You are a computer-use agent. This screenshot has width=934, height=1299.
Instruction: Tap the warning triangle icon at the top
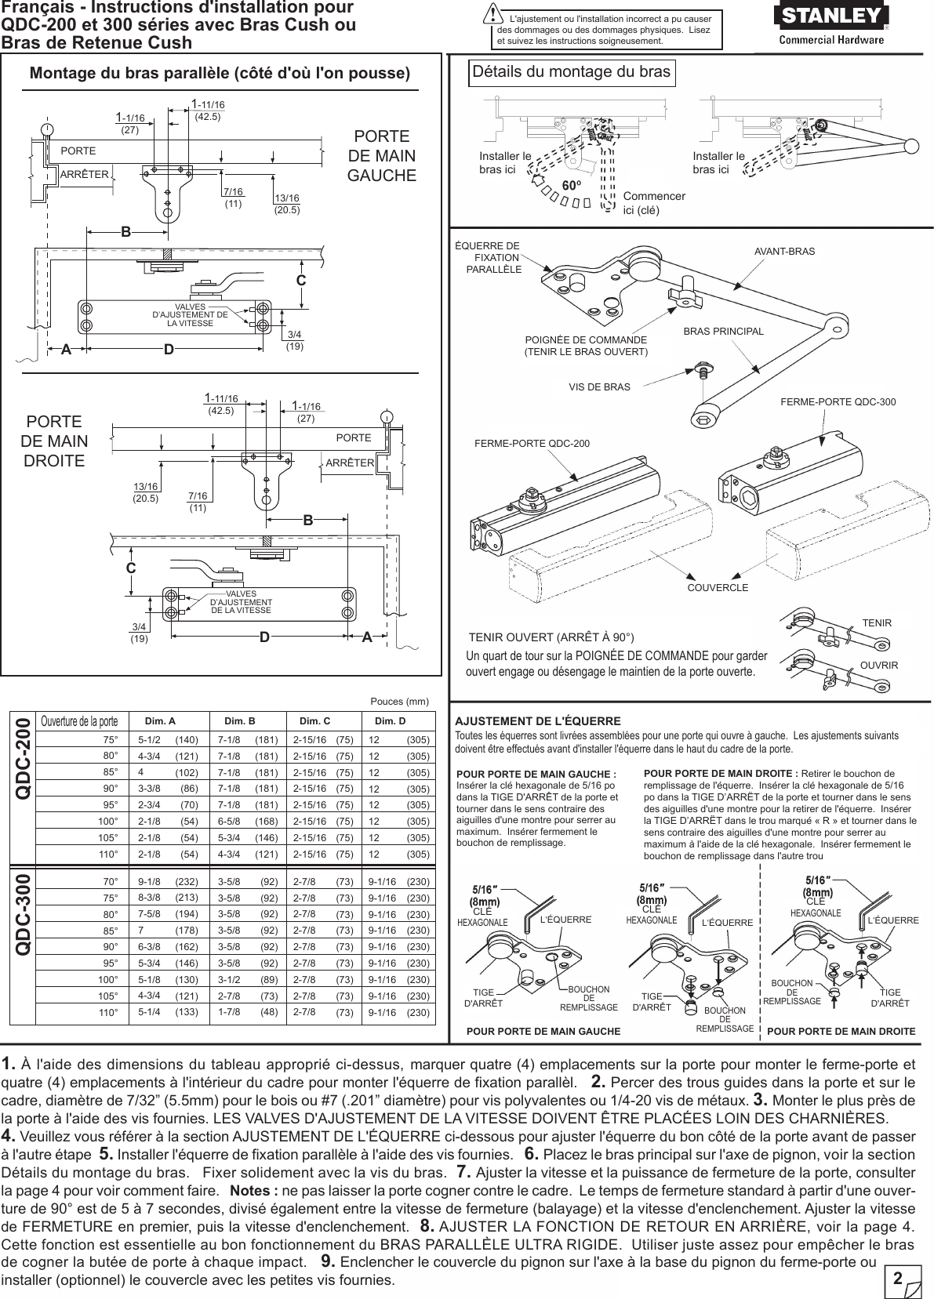click(493, 16)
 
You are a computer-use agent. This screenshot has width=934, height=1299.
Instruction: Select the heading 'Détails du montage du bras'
click(572, 73)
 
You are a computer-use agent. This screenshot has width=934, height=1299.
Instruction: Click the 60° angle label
click(572, 186)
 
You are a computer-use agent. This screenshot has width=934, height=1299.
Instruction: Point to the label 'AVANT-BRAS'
click(784, 252)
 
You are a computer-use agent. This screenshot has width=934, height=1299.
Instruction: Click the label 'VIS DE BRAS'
click(599, 386)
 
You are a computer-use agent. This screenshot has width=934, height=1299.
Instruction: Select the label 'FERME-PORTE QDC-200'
click(532, 444)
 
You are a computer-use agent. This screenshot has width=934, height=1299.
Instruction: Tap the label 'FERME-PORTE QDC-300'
click(838, 402)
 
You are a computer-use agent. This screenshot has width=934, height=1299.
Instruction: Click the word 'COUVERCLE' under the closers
click(718, 587)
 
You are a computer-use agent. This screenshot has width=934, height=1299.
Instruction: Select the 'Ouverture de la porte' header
click(79, 721)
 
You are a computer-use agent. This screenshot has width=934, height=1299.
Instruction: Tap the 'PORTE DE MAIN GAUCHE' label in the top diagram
click(381, 155)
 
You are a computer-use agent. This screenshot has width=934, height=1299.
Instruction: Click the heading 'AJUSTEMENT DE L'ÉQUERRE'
click(538, 720)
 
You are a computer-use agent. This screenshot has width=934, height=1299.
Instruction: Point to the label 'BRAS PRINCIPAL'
click(723, 331)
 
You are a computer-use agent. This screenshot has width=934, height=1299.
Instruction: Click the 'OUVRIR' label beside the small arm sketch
click(878, 666)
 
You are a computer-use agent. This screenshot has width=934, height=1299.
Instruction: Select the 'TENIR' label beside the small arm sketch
click(877, 623)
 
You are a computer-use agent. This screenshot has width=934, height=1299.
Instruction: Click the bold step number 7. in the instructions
click(463, 1173)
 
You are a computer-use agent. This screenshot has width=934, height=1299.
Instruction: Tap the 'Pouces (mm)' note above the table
click(398, 702)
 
